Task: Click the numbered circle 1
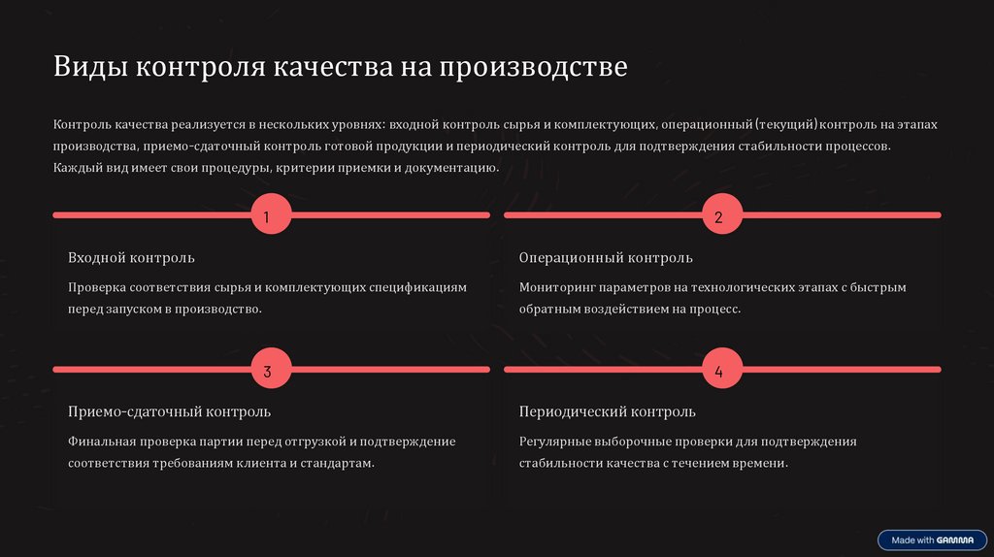268,216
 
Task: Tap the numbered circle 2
719,216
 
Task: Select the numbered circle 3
268,371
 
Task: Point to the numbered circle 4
719,371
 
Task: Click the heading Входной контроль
131,258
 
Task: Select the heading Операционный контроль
606,258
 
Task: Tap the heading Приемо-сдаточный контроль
169,412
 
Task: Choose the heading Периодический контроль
607,412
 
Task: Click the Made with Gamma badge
932,540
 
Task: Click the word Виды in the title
90,68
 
